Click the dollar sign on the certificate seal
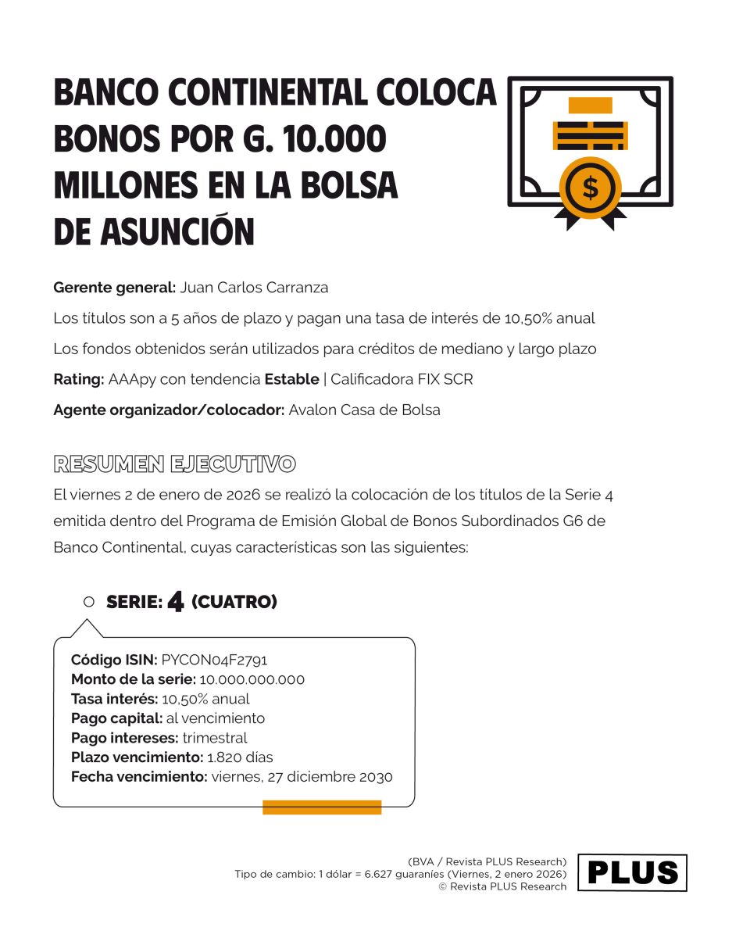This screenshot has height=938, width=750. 591,188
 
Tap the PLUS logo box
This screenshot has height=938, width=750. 632,872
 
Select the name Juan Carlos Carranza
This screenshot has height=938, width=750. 254,288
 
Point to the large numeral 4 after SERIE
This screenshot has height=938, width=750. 176,602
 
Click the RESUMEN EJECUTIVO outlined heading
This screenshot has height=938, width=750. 174,464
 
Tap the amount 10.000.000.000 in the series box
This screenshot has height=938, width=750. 252,679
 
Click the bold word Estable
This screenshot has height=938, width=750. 291,380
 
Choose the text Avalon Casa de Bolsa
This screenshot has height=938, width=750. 364,410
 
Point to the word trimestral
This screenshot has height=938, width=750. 215,738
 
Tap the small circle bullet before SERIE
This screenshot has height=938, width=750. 88,602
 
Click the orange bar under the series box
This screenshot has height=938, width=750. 322,807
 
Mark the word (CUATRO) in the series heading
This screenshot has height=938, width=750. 234,603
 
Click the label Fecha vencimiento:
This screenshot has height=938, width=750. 139,777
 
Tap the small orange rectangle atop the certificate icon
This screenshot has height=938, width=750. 590,106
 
